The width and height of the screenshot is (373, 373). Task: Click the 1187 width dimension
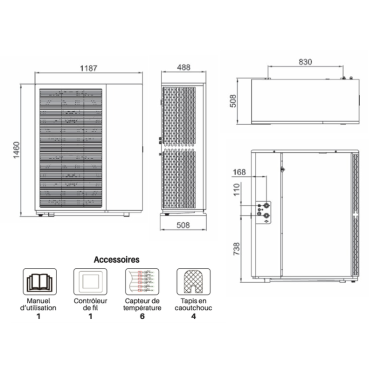[87, 67]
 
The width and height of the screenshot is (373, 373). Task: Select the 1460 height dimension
[16, 149]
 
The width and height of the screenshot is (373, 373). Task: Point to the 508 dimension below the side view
[183, 225]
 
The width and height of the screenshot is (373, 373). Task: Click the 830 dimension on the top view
[305, 61]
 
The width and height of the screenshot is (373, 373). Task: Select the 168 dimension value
[239, 172]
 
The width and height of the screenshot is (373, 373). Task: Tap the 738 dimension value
[236, 248]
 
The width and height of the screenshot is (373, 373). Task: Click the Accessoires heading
[116, 259]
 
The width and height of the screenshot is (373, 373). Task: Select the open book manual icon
[39, 281]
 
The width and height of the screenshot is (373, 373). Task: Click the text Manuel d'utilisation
[39, 304]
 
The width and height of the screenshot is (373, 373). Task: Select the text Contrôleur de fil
[90, 304]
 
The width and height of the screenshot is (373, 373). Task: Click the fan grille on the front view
[70, 149]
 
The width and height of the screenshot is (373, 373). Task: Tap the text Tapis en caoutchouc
[193, 304]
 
